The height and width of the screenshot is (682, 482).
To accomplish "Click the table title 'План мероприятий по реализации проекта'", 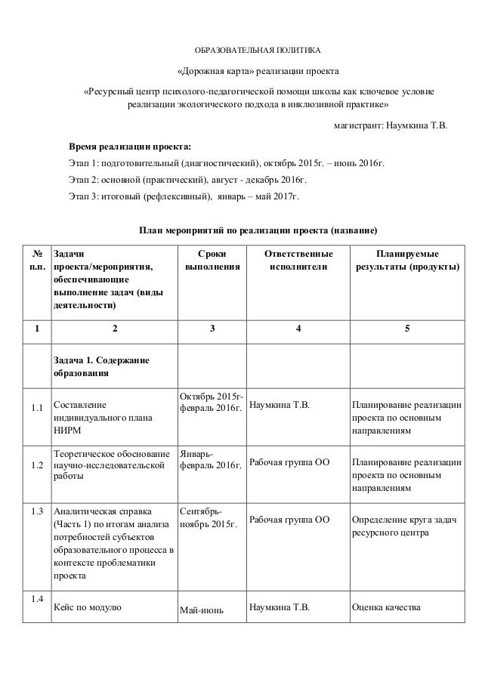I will (258, 230).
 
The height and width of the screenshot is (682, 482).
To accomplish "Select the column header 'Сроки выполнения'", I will (212, 261).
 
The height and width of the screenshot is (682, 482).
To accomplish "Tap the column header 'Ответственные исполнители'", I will (298, 261).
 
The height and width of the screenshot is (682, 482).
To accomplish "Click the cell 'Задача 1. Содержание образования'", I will (101, 366).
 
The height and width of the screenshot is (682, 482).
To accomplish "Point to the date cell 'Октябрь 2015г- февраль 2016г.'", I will (212, 403).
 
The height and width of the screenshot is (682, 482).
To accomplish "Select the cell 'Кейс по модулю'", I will (89, 606).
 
